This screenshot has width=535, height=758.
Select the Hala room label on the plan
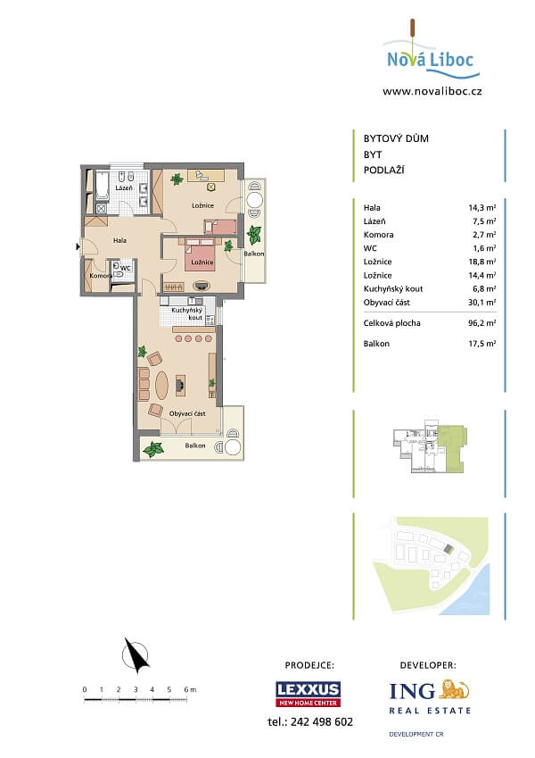click(119, 240)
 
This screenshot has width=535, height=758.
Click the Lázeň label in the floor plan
click(124, 188)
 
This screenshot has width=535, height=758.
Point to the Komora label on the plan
click(100, 276)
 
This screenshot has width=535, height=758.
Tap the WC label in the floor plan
click(126, 267)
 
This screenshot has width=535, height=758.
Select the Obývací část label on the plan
click(188, 413)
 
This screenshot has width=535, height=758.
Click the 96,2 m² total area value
click(481, 322)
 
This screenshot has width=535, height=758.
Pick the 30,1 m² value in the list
click(481, 302)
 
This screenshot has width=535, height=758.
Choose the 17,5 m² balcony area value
click(481, 343)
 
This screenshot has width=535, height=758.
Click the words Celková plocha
click(392, 322)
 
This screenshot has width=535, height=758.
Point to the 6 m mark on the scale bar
click(187, 689)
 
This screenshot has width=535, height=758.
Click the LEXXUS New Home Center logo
click(308, 694)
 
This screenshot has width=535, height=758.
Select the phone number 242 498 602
click(310, 721)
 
